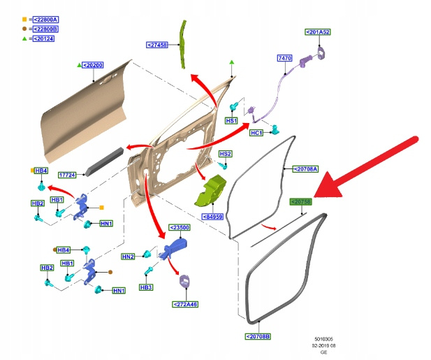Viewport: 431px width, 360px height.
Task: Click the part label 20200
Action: pyautogui.click(x=93, y=65)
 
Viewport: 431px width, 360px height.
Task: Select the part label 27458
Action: pyautogui.click(x=157, y=45)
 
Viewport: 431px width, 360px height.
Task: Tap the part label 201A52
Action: pyautogui.click(x=318, y=32)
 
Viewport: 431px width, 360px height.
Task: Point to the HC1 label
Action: pyautogui.click(x=256, y=133)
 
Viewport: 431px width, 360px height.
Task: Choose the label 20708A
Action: pyautogui.click(x=304, y=169)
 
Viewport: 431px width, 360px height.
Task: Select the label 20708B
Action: pyautogui.click(x=258, y=336)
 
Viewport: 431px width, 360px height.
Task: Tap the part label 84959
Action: pyautogui.click(x=213, y=217)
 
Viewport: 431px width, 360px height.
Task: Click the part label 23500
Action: pyautogui.click(x=180, y=228)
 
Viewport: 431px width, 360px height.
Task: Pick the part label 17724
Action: pyautogui.click(x=68, y=175)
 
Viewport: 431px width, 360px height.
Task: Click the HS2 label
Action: pyautogui.click(x=225, y=153)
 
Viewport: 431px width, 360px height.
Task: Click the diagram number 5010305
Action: pyautogui.click(x=324, y=339)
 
